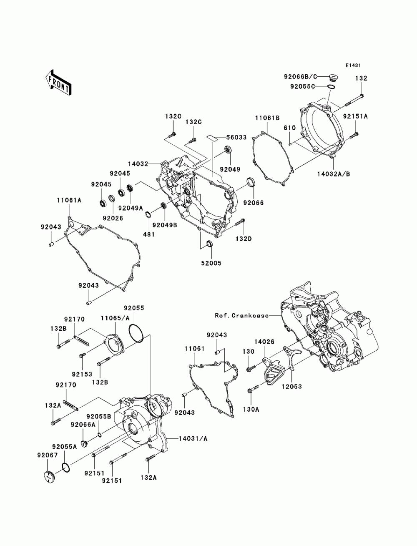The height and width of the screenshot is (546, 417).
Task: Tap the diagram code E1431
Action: click(353, 65)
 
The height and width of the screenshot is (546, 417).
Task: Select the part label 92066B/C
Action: click(300, 77)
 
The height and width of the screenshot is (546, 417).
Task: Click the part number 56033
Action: click(236, 137)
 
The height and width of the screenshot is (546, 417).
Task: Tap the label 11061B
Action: click(267, 118)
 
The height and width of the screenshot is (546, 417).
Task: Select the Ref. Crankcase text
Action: click(242, 316)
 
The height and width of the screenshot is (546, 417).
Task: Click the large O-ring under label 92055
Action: click(136, 333)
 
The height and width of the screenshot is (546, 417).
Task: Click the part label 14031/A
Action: click(193, 438)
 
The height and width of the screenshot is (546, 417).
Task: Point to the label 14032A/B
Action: click(333, 174)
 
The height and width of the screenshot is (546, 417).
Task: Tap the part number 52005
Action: click(211, 263)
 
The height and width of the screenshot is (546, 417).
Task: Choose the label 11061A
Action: click(69, 200)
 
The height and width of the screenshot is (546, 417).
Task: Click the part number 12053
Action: click(291, 387)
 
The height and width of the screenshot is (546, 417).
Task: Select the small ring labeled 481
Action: click(148, 214)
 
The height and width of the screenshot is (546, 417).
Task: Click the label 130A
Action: click(251, 409)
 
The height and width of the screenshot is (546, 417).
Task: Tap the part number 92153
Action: click(82, 374)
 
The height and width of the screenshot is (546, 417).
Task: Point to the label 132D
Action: click(244, 239)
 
